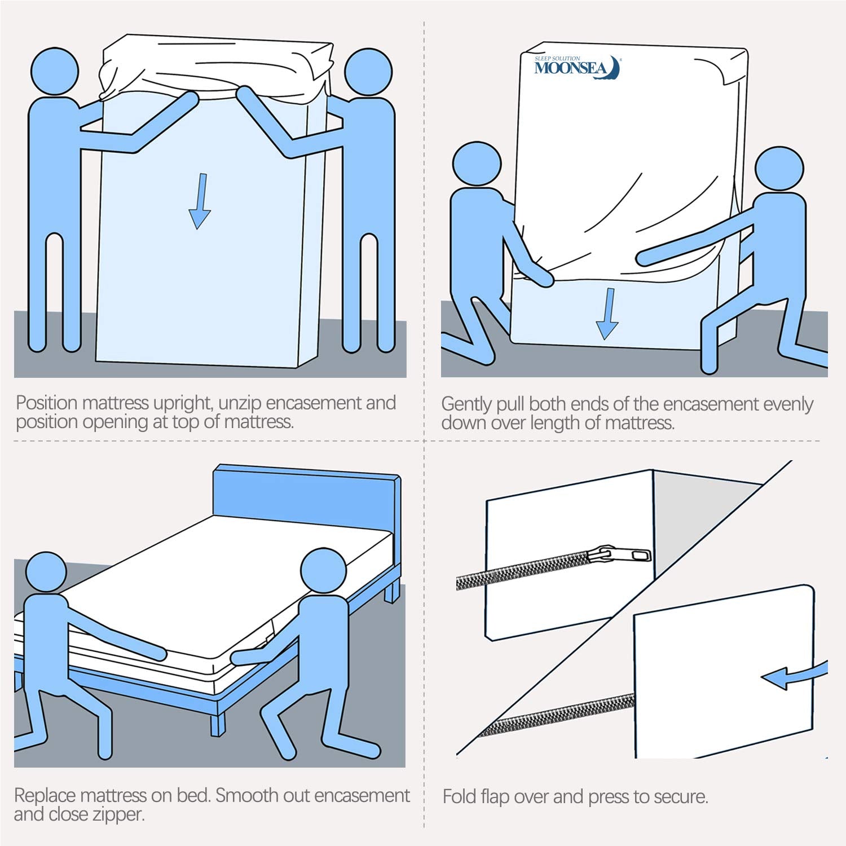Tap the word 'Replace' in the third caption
tap(45, 796)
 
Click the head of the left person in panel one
tap(54, 72)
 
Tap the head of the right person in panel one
tap(368, 73)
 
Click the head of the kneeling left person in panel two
tap(477, 164)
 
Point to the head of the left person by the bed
tap(46, 572)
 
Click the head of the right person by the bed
tap(323, 570)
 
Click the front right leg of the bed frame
tap(218, 724)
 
